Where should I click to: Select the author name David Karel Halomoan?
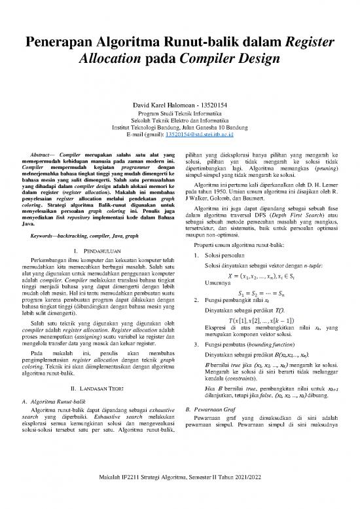(x=160, y=105)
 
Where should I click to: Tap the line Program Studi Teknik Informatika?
(x=179, y=113)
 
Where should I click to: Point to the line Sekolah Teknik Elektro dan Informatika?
(x=179, y=120)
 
